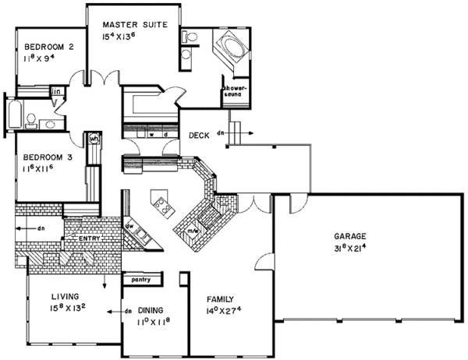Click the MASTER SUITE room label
click(x=135, y=25)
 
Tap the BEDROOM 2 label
click(x=48, y=47)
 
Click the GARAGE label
click(x=352, y=235)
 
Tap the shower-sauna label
click(x=236, y=91)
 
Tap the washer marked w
click(x=153, y=133)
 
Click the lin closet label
click(x=56, y=92)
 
